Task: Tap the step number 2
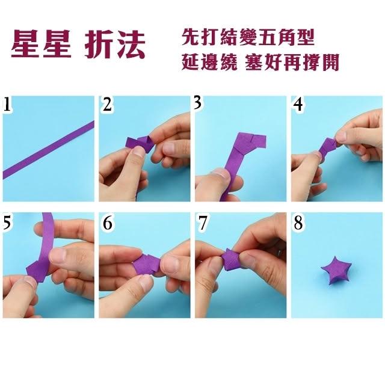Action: pos(106,104)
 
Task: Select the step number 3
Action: pos(198,102)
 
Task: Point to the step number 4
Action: pos(298,104)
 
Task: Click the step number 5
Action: pos(7,223)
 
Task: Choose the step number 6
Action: pos(107,223)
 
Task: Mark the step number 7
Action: pos(203,223)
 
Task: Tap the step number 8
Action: pos(298,223)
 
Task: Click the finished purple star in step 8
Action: pos(336,270)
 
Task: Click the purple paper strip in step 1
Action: pos(48,150)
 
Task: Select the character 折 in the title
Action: pos(97,45)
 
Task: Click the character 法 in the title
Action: pos(130,45)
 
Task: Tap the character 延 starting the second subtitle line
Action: pos(190,63)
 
